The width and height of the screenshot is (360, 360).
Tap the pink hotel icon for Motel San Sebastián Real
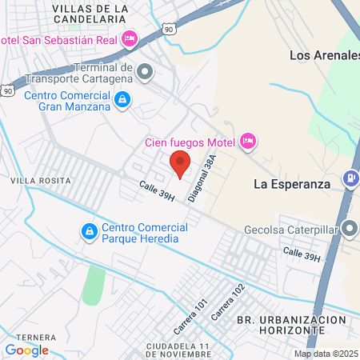(130, 39)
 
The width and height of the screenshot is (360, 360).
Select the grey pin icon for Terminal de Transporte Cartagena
(145, 73)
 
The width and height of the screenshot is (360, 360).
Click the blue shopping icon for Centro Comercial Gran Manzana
(122, 100)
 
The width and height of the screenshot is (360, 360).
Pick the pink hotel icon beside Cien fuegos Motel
(248, 142)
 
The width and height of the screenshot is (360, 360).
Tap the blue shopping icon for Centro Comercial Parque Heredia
(89, 232)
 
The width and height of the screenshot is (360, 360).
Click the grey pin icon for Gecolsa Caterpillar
(350, 228)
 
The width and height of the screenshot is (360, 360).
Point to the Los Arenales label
(324, 56)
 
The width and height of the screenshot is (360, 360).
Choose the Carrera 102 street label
(227, 303)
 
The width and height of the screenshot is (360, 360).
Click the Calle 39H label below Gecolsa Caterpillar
(302, 256)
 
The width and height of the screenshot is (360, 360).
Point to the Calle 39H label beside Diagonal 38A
(156, 192)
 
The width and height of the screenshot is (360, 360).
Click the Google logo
(26, 350)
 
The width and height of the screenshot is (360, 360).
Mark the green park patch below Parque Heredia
(94, 284)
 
